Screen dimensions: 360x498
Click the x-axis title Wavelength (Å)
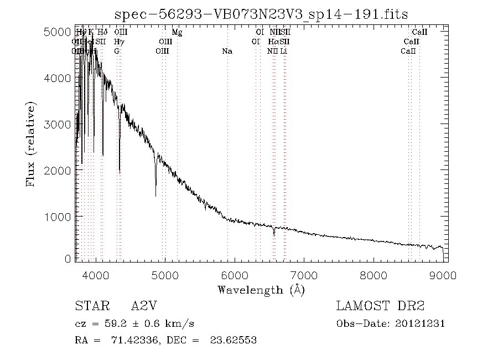pyautogui.click(x=261, y=290)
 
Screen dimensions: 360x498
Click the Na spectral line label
pyautogui.click(x=227, y=51)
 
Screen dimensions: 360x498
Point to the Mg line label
pyautogui.click(x=177, y=33)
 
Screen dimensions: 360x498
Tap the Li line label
pyautogui.click(x=283, y=51)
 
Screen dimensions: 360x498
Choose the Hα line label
pyautogui.click(x=273, y=42)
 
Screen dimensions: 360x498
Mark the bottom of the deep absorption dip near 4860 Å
pyautogui.click(x=155, y=196)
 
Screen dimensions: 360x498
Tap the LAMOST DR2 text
pyautogui.click(x=380, y=306)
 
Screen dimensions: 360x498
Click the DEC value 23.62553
pyautogui.click(x=234, y=340)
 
